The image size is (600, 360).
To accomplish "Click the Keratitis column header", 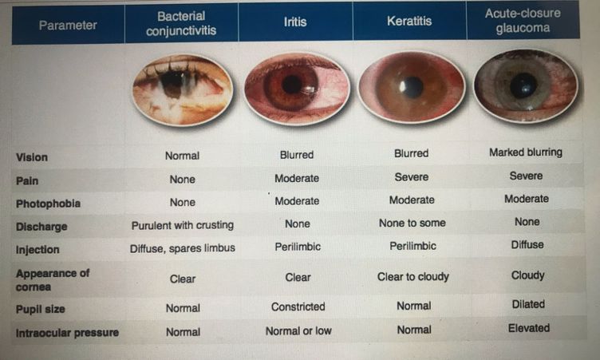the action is (409, 21).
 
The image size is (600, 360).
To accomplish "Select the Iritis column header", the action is (295, 22).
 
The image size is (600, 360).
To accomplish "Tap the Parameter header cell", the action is (68, 26).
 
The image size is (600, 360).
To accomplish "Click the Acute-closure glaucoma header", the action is (523, 20).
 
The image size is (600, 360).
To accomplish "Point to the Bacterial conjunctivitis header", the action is (181, 23).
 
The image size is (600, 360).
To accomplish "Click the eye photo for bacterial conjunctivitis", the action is (183, 89).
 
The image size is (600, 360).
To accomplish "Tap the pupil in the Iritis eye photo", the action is (293, 84).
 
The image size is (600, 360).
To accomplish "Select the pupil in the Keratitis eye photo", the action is (412, 86).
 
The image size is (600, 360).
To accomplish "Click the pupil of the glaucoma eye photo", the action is (523, 85).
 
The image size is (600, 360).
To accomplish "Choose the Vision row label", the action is (32, 157).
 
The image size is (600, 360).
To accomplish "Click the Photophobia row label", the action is (48, 204).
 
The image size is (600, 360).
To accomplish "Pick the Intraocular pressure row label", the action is (67, 333).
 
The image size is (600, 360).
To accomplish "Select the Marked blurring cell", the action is (526, 152).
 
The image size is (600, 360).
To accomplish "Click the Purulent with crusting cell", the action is (183, 225).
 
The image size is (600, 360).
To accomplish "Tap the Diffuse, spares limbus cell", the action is (183, 248).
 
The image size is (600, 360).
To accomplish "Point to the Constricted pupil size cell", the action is (298, 307).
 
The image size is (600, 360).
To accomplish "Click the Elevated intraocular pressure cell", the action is (529, 328).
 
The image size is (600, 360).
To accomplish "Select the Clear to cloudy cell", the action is (412, 276).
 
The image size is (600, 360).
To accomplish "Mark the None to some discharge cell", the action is (412, 223).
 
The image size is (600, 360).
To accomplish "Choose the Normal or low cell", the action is (298, 331).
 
